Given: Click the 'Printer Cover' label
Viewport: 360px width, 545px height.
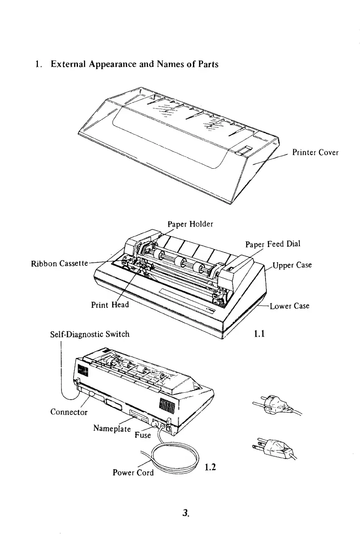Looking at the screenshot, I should click(x=315, y=153).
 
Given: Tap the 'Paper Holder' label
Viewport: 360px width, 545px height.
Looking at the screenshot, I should click(x=190, y=224).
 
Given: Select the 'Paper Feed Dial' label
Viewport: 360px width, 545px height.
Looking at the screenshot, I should click(x=273, y=244).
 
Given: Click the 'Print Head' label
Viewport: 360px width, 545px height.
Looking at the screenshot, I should click(x=109, y=305).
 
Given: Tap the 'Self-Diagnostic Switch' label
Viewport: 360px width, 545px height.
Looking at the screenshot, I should click(x=90, y=333).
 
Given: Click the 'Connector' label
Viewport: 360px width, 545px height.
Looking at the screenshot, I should click(x=69, y=412).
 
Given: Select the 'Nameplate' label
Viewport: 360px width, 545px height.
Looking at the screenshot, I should click(x=112, y=428).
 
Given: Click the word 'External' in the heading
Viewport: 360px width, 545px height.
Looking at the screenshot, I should click(x=69, y=64).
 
